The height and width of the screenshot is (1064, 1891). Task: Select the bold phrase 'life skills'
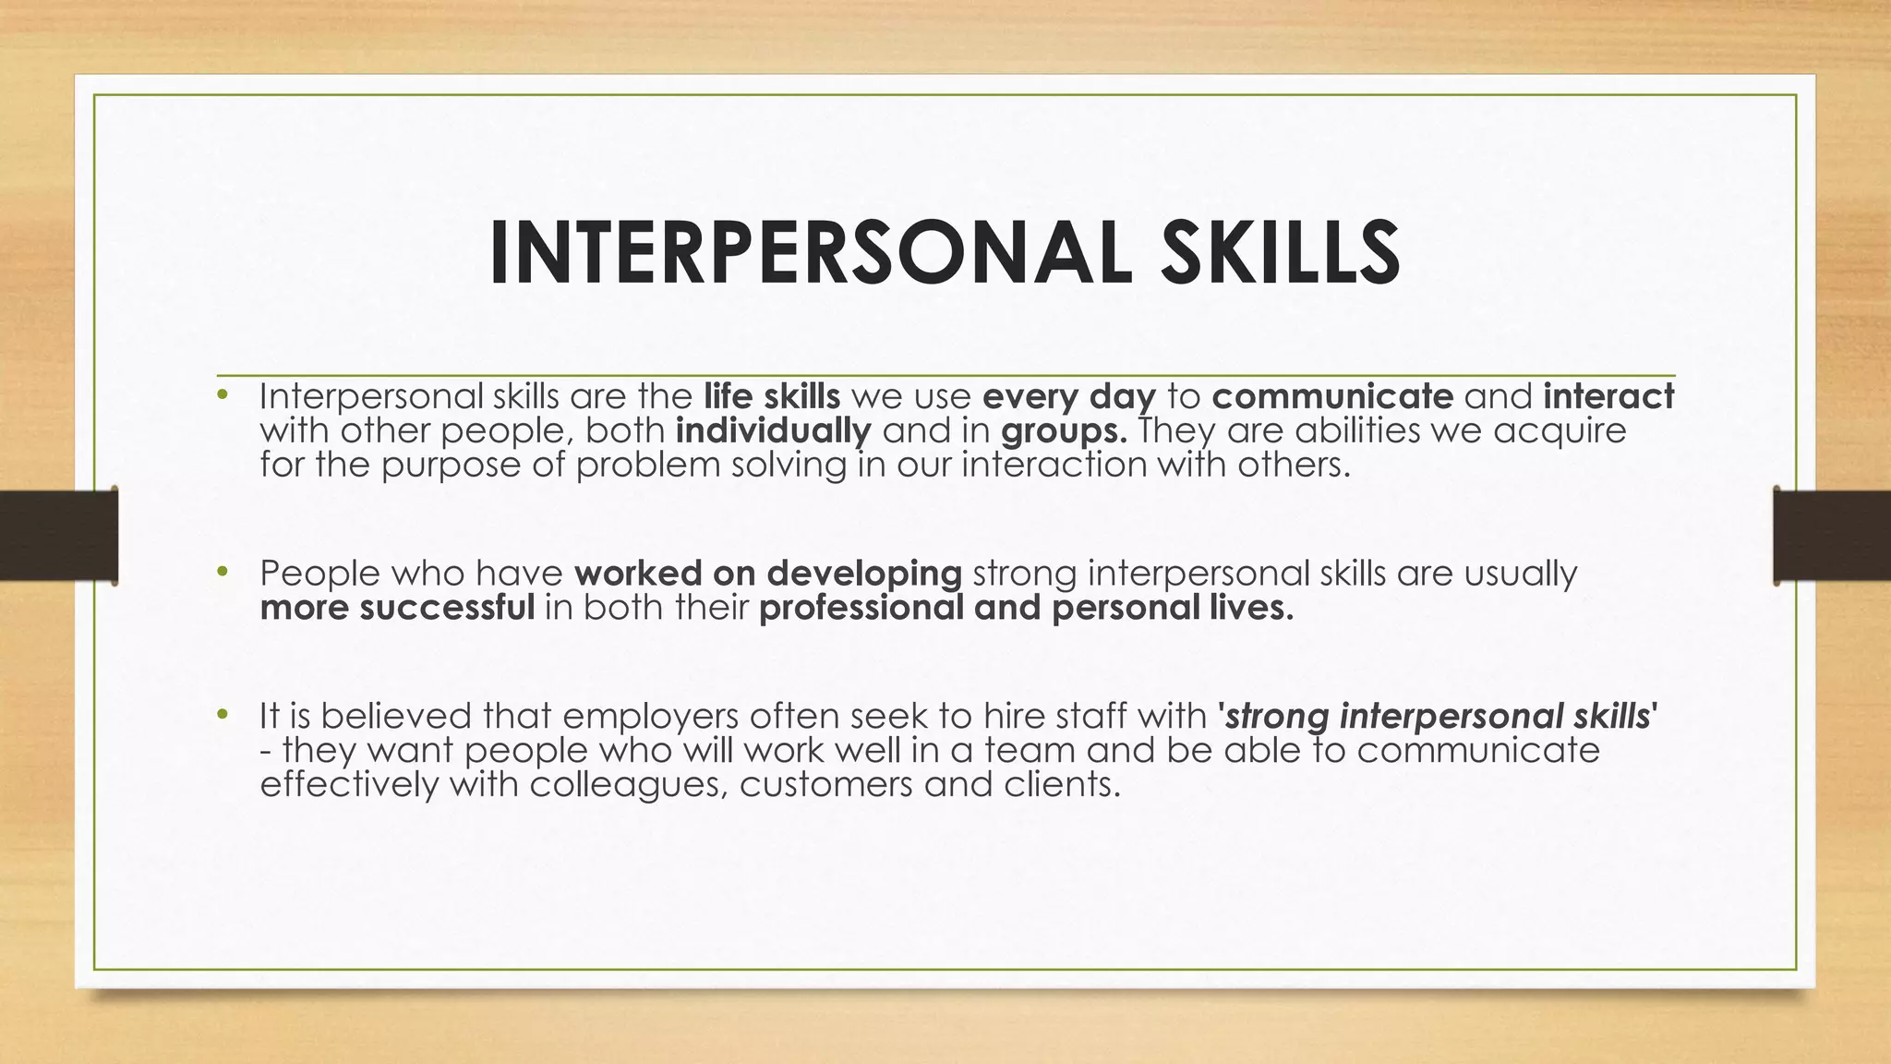pos(772,396)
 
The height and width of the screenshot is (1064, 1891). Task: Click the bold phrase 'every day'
pos(1069,396)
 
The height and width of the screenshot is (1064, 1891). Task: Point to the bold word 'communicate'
pos(1332,396)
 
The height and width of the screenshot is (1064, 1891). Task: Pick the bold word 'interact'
pos(1608,396)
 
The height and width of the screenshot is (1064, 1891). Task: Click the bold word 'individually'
pos(774,430)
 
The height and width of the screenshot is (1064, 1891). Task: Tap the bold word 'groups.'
pos(1064,431)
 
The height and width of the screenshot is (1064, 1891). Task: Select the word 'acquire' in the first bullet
pos(1560,431)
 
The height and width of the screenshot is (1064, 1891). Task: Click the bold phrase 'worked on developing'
pos(768,574)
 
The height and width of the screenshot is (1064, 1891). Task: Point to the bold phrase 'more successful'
pos(398,608)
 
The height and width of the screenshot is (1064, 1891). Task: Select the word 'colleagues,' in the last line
pos(629,785)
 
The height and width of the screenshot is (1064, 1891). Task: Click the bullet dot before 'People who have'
pos(222,573)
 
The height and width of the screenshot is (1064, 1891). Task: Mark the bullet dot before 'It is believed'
pos(222,715)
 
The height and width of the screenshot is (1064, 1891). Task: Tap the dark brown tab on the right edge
pos(1832,536)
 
